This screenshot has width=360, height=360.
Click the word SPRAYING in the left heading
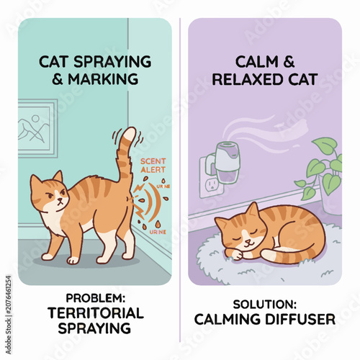[x=112, y=62]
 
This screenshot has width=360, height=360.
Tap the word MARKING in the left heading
[x=104, y=79]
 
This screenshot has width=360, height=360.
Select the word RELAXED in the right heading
[x=248, y=79]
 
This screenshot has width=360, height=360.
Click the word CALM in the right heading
[x=256, y=62]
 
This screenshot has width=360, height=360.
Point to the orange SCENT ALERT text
[x=153, y=166]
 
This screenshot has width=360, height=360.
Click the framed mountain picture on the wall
[x=37, y=128]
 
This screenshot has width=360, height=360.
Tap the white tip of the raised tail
[x=130, y=135]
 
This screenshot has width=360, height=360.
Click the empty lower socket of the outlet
[x=212, y=185]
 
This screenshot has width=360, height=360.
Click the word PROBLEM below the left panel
[x=95, y=298]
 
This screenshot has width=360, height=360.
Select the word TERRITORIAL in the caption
[x=96, y=312]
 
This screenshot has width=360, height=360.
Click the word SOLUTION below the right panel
[x=264, y=305]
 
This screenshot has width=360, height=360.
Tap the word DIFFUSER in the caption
[x=300, y=319]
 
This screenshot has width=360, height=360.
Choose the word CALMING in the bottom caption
[x=228, y=319]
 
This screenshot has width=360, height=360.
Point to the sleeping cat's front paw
[x=235, y=254]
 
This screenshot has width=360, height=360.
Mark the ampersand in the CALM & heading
[x=289, y=62]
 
